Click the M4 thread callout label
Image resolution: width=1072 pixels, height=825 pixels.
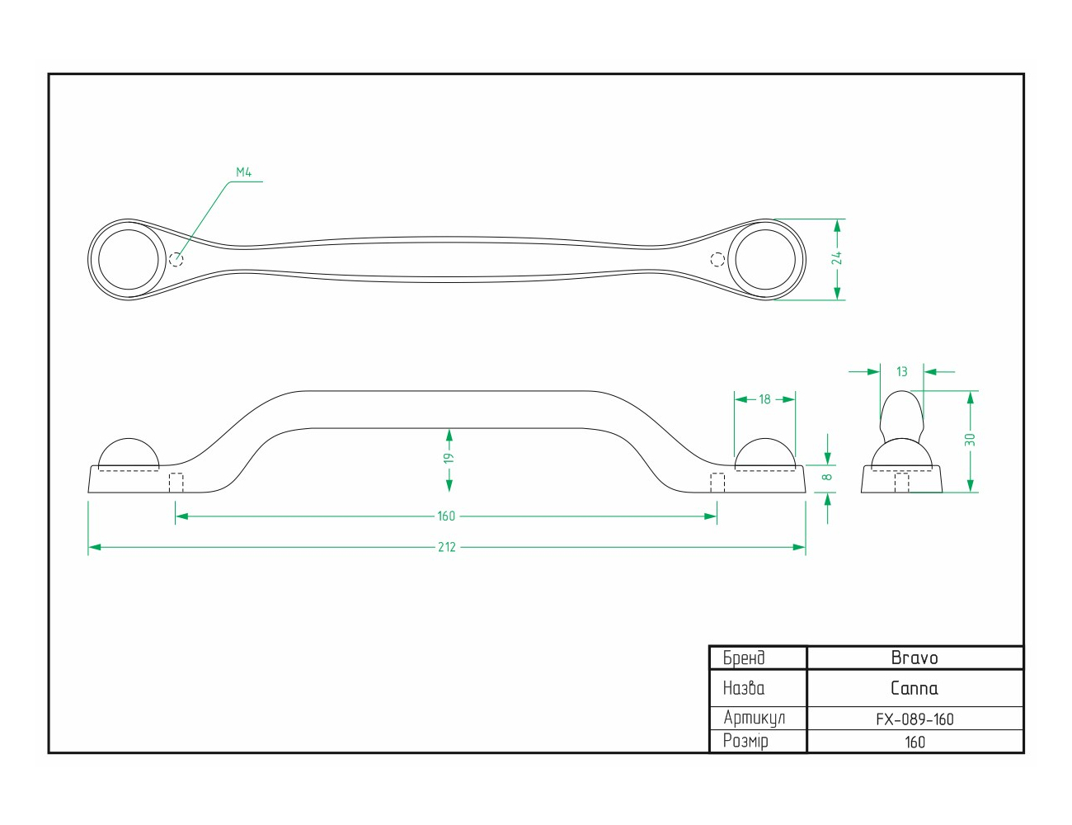coord(244,172)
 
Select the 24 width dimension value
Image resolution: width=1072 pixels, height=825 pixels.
coord(837,258)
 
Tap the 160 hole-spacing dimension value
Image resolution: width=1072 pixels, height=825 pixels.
coord(446,516)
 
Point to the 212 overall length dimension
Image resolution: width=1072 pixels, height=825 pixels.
coord(446,547)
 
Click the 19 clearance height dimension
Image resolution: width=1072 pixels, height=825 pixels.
coord(449,458)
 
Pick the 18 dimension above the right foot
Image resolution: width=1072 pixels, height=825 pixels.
coord(764,399)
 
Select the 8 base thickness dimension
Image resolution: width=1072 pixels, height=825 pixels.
coord(828,477)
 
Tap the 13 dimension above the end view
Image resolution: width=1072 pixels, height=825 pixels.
coord(902,371)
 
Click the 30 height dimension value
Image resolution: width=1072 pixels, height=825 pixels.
coord(970,439)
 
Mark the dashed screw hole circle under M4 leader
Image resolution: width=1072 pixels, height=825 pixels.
coord(176,260)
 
